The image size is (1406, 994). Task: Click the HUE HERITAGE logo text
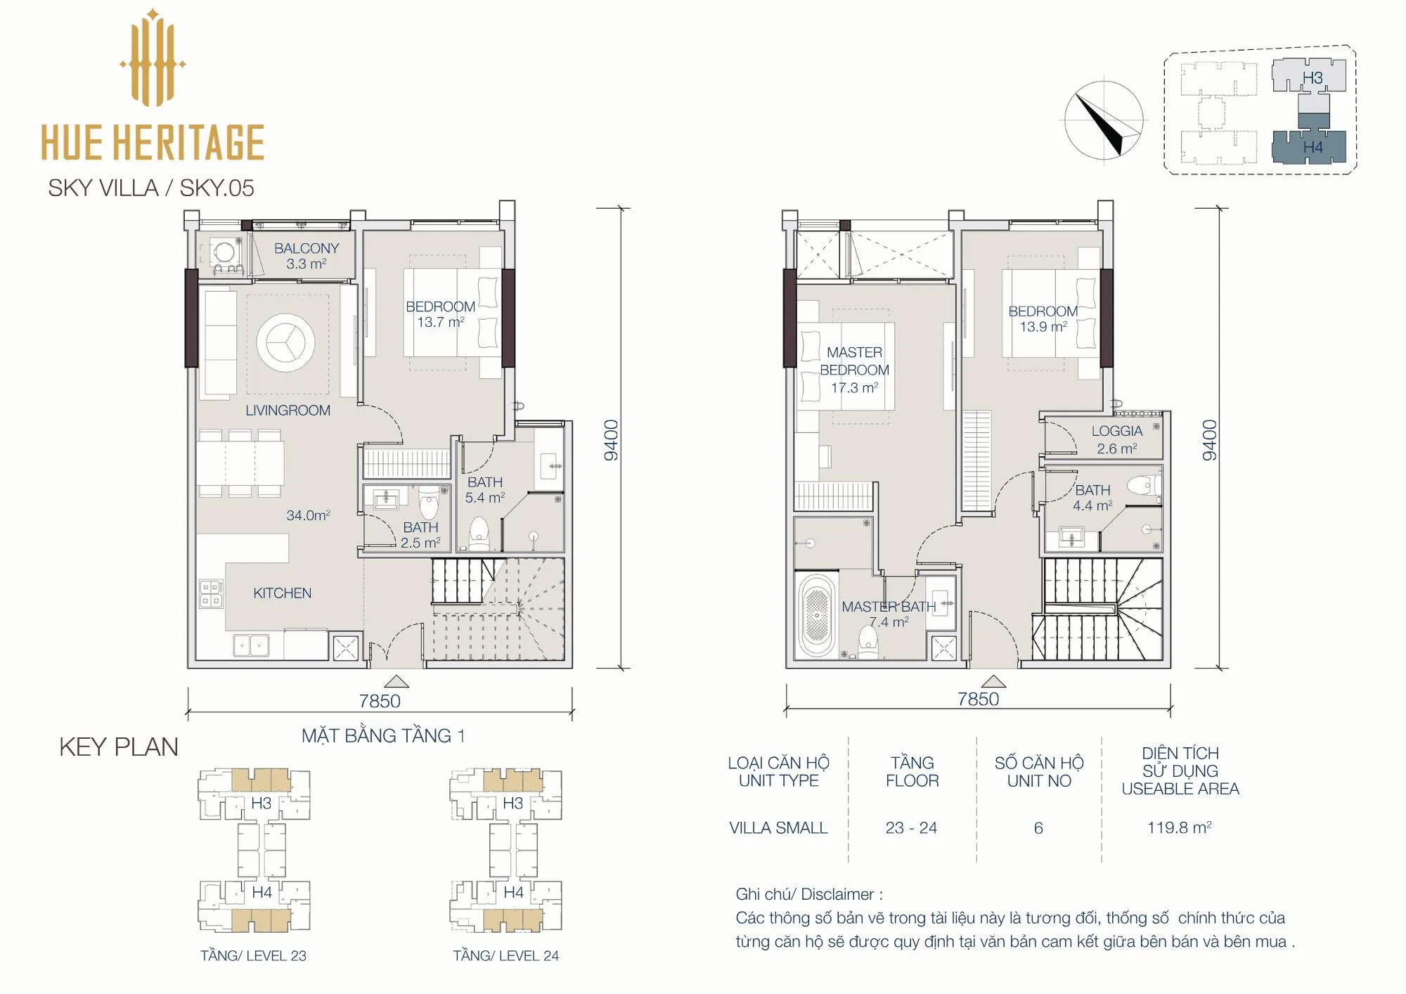coord(153,142)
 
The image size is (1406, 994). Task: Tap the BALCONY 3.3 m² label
coord(307,256)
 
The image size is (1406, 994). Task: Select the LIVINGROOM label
coord(288,411)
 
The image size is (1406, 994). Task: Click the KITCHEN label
coord(282,593)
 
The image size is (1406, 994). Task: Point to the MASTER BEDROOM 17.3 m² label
coord(854,370)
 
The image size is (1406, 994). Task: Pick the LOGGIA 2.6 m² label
coord(1116,439)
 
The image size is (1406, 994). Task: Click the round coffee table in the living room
coord(285,342)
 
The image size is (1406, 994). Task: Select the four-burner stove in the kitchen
coord(211,593)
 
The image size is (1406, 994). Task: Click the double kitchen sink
coord(251,645)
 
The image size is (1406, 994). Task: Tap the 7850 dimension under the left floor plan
coord(380,701)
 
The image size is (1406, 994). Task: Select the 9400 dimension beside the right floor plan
coord(1209,440)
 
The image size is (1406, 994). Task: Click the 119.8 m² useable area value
coord(1179,827)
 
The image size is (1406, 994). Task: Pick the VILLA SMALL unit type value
coord(778,828)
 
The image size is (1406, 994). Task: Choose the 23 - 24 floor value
coord(911,828)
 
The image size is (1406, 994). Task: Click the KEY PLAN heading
coord(119,747)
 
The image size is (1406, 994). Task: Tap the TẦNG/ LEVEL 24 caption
coord(505,956)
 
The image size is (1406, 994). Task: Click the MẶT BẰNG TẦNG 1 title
coord(383,735)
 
